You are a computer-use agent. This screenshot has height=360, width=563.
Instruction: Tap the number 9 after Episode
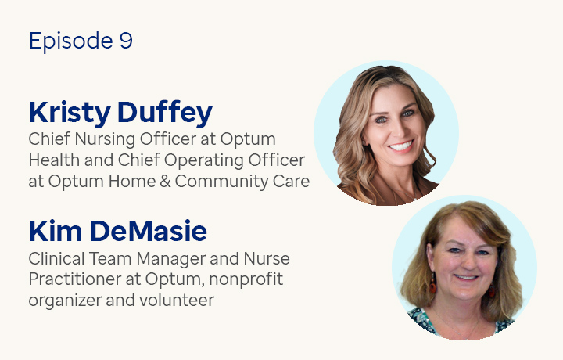pyautogui.click(x=126, y=41)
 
